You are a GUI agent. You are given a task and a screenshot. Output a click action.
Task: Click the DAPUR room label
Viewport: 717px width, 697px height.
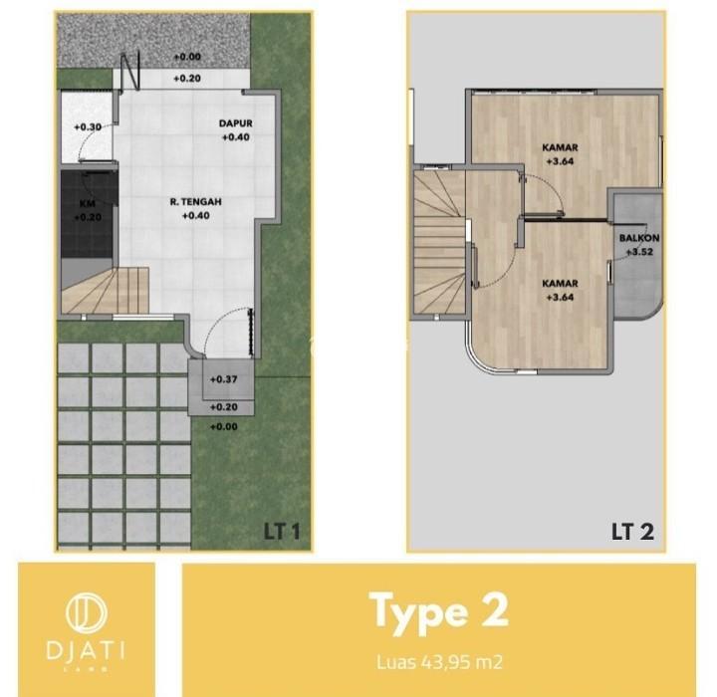(235, 123)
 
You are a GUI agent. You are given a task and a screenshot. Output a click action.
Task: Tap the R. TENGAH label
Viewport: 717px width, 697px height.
(196, 202)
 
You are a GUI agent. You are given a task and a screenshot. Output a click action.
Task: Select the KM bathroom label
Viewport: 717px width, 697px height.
(88, 204)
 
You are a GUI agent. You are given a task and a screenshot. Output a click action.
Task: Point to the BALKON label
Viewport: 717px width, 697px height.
(639, 238)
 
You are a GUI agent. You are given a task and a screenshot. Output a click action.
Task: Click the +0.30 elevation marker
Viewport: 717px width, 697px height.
(88, 127)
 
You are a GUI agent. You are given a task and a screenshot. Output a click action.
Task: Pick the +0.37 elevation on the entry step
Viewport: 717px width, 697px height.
(224, 379)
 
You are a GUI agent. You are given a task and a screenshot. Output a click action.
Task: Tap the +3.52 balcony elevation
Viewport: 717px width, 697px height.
(639, 252)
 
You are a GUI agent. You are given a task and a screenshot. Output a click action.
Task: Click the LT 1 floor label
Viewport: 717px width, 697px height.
(282, 532)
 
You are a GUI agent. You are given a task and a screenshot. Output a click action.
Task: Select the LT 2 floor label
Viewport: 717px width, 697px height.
(633, 532)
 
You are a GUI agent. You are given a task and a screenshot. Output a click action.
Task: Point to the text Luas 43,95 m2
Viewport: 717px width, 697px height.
(439, 662)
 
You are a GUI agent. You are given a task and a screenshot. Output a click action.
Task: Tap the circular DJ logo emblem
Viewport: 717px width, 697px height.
(87, 611)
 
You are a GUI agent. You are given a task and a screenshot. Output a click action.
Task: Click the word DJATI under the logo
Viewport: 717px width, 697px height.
(86, 650)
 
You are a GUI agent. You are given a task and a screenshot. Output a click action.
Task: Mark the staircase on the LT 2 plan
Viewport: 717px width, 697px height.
(440, 242)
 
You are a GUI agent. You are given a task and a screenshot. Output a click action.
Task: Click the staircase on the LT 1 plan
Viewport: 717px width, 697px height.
(106, 291)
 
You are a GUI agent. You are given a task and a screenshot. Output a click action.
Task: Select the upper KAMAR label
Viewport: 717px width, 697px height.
(560, 147)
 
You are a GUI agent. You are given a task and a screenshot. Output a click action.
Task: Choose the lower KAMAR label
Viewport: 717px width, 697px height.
(560, 284)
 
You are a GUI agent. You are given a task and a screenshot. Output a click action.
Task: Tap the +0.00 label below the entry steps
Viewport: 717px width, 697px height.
(224, 427)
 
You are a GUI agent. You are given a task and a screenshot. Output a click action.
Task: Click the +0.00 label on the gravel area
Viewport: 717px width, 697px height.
(187, 57)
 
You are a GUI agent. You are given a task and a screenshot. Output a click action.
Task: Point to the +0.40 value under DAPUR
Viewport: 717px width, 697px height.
(235, 137)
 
